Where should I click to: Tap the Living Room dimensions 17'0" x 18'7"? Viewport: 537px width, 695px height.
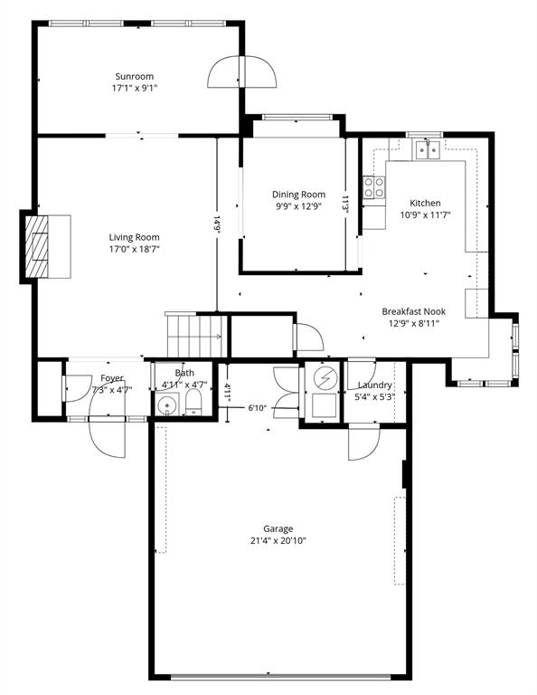[x=136, y=249]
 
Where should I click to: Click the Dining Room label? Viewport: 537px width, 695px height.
[x=298, y=195]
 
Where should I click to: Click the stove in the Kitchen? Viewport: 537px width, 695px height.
[x=372, y=187]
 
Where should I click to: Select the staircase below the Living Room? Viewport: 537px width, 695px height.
[x=193, y=334]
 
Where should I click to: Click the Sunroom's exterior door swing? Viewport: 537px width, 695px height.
[x=241, y=71]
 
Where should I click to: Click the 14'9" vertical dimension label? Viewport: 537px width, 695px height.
[x=217, y=224]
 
